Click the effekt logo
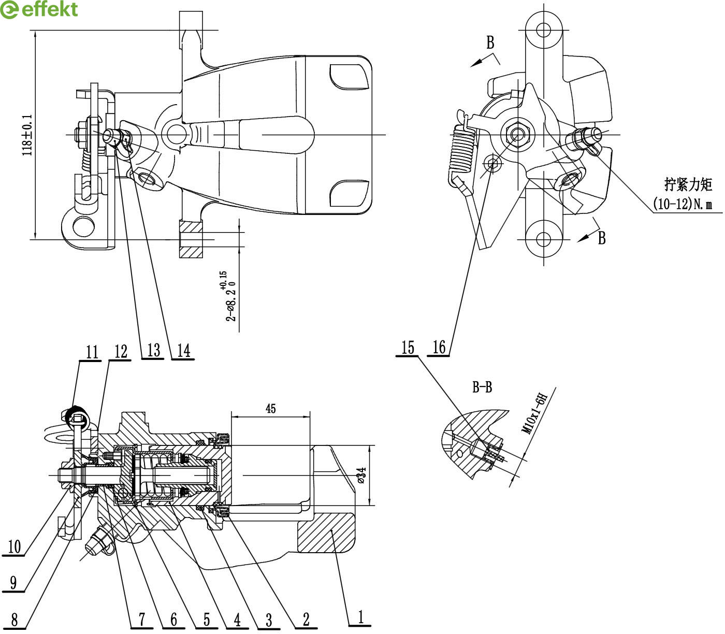[x=39, y=9]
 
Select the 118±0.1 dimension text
[x=27, y=135]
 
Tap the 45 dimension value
[x=270, y=409]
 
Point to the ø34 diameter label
[x=361, y=475]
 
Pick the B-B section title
[x=482, y=387]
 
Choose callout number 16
[x=439, y=347]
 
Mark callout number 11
[x=92, y=352]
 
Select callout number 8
[x=14, y=619]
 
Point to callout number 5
[x=206, y=619]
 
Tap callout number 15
[x=408, y=347]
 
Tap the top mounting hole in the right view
[x=543, y=29]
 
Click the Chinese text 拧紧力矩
[x=688, y=184]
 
